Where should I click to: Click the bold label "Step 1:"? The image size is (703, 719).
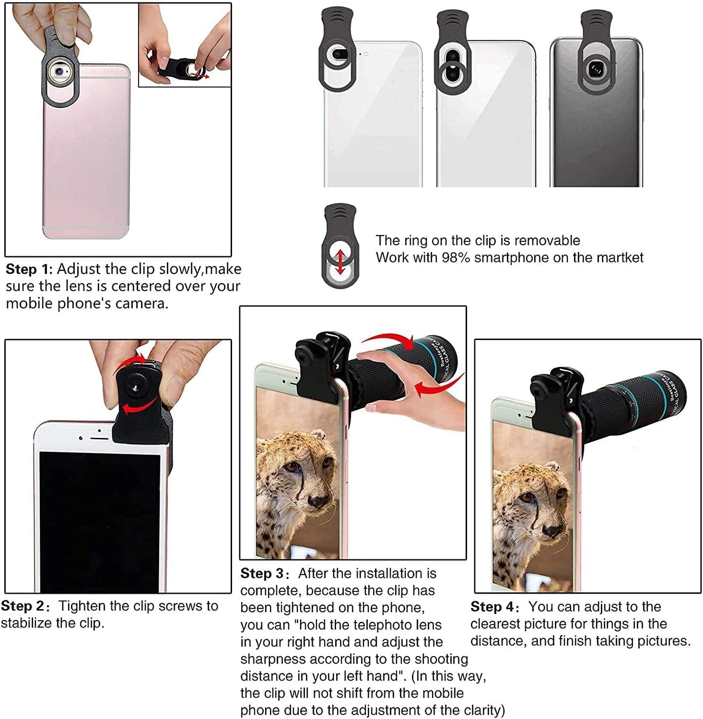tap(29, 269)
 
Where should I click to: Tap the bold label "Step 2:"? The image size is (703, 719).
tap(25, 606)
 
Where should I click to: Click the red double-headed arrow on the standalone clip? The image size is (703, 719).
tap(340, 262)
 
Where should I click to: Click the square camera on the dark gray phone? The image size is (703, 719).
tap(595, 70)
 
